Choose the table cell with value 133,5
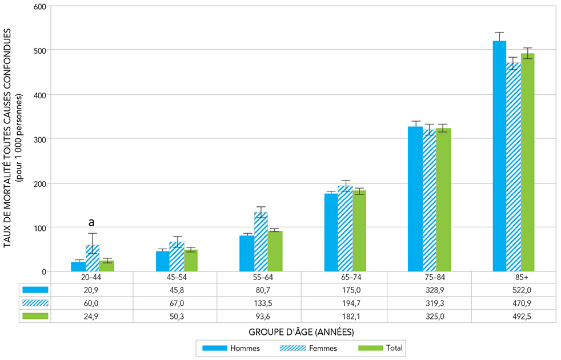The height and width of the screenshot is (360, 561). point(261,302)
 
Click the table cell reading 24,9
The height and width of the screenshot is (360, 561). point(92,316)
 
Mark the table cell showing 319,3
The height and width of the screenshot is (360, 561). point(429,302)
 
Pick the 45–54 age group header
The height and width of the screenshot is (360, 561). point(177,277)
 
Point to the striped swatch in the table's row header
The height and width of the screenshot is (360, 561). point(35,302)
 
